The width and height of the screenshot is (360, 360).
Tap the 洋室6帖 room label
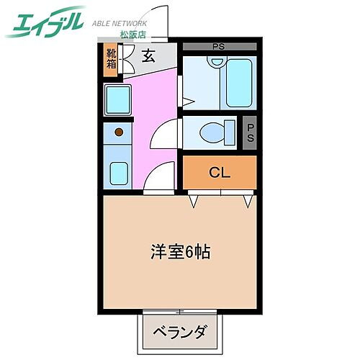coord(180,253)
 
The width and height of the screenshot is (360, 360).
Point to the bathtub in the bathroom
coord(238,84)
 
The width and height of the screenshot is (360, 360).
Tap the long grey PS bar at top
coord(218,48)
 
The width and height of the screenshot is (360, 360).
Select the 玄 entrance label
coord(148,57)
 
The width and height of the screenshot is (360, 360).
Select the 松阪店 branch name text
coord(132,34)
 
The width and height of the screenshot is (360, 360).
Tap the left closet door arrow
coord(194,202)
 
